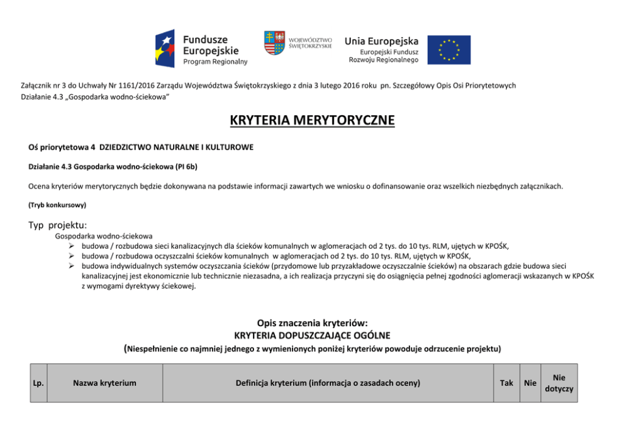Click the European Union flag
(x=449, y=50)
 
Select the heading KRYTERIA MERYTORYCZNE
(x=312, y=120)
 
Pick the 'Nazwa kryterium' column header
(x=104, y=383)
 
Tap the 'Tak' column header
(x=506, y=383)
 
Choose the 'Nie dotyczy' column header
(x=559, y=383)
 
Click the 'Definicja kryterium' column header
(x=328, y=383)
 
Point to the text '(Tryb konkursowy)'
(x=57, y=205)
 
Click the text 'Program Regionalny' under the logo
(x=215, y=62)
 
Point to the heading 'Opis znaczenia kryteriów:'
(x=312, y=323)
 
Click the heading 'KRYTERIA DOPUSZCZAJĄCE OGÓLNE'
(x=312, y=335)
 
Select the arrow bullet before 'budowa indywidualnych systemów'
(x=73, y=266)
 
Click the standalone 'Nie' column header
(x=530, y=383)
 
